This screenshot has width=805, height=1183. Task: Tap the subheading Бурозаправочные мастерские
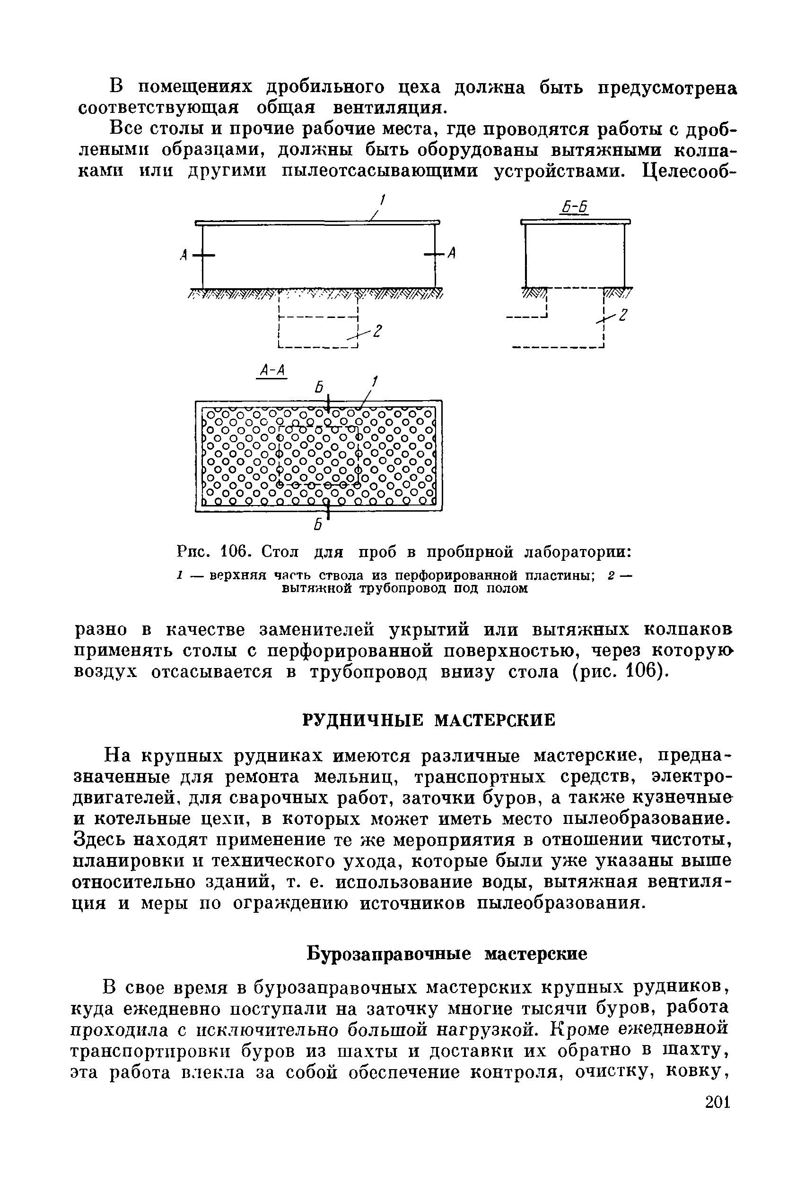(x=447, y=953)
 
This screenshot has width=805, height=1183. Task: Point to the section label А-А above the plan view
(x=271, y=370)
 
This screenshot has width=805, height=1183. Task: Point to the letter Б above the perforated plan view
(x=319, y=387)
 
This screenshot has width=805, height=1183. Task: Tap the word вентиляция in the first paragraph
(x=390, y=108)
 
